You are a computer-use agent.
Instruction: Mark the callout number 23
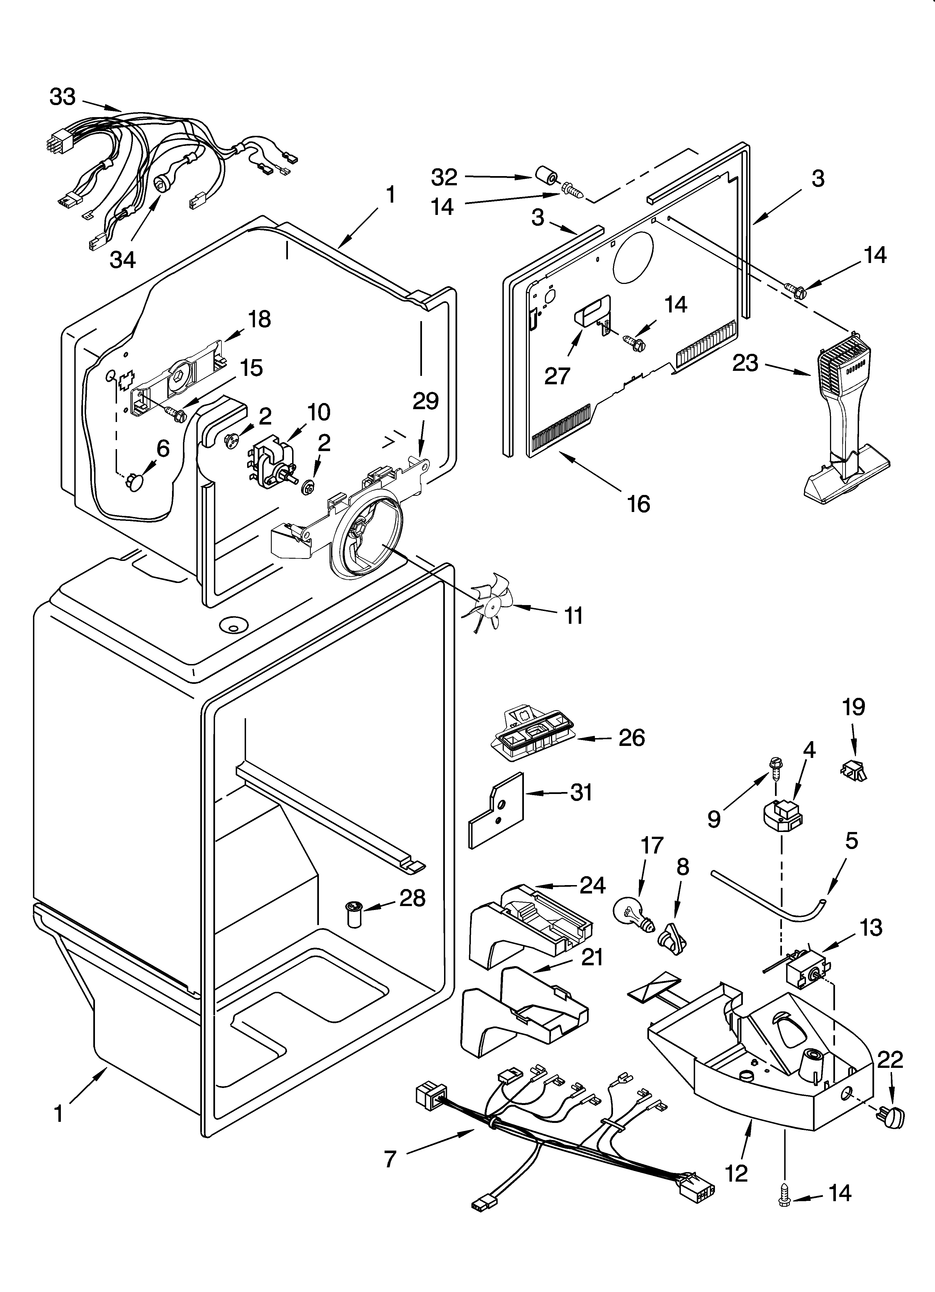745,363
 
